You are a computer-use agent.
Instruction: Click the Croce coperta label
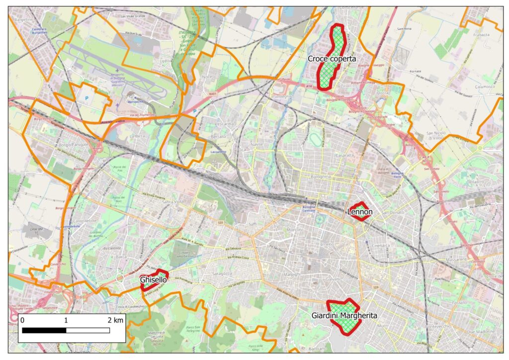(332, 59)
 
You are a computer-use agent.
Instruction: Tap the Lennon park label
(359, 212)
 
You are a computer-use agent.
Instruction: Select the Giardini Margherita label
(344, 316)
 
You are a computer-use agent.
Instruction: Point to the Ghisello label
(153, 280)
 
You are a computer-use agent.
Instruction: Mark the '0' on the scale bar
(22, 320)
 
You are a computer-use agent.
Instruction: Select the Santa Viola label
(172, 202)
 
